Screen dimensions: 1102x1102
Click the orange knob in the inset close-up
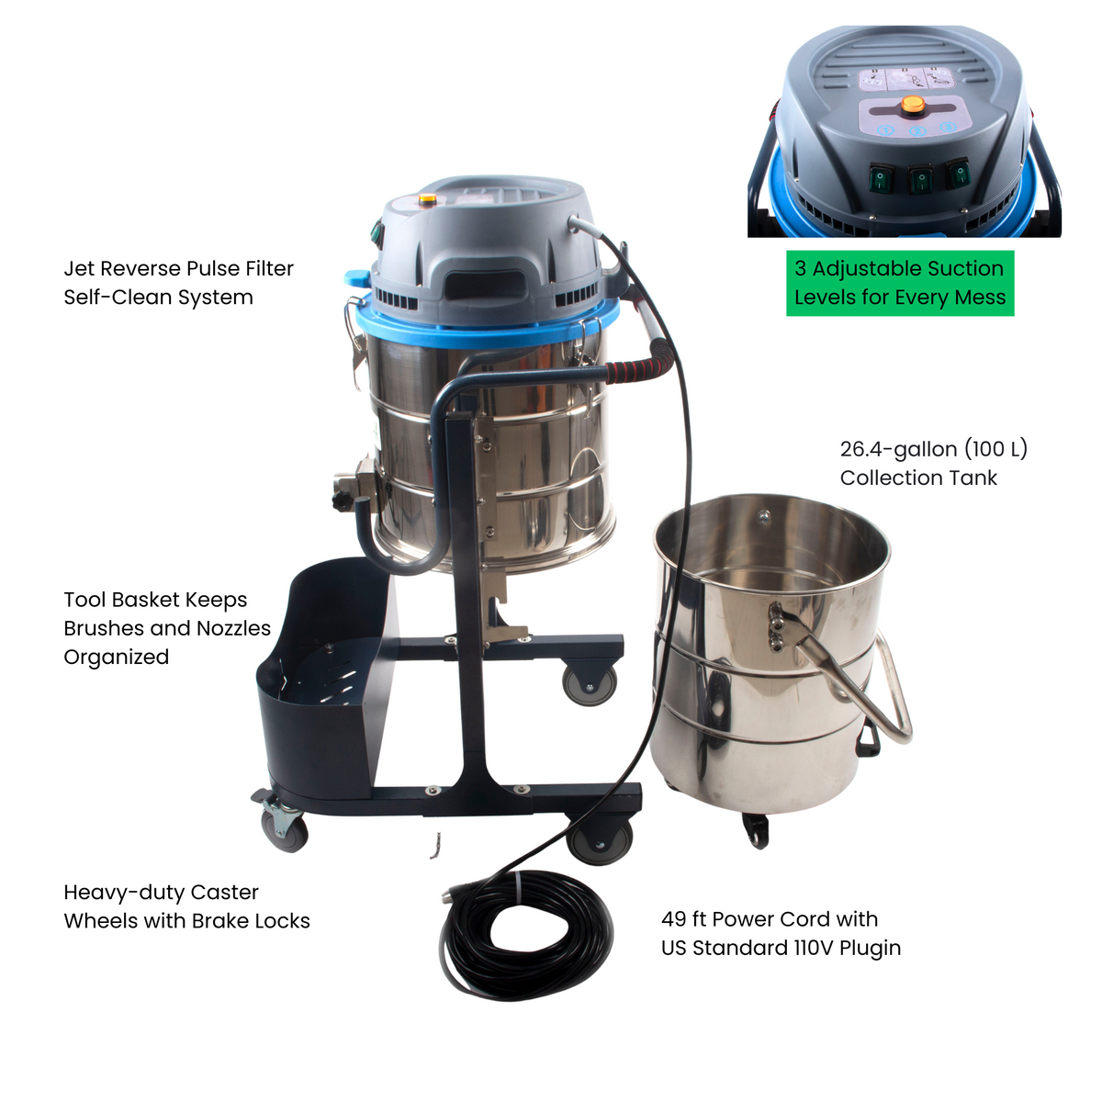(912, 105)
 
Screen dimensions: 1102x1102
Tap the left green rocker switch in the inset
(881, 176)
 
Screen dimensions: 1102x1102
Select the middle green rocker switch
(920, 177)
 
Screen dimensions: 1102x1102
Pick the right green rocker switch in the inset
(958, 172)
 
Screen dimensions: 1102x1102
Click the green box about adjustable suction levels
(900, 283)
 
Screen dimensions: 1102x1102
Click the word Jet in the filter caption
(79, 269)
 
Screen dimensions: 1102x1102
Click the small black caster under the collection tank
(756, 830)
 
